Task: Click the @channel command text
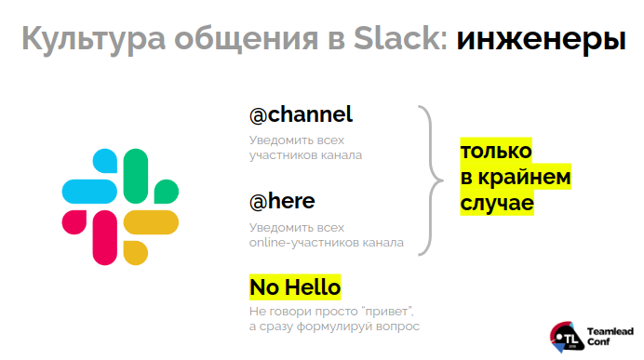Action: [301, 115]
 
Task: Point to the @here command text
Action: [282, 202]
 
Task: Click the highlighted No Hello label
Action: [295, 287]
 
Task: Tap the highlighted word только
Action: [496, 151]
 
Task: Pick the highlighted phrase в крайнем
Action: [515, 177]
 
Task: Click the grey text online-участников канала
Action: [326, 243]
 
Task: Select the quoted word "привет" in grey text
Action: [386, 310]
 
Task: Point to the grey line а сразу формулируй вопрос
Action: [334, 327]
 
